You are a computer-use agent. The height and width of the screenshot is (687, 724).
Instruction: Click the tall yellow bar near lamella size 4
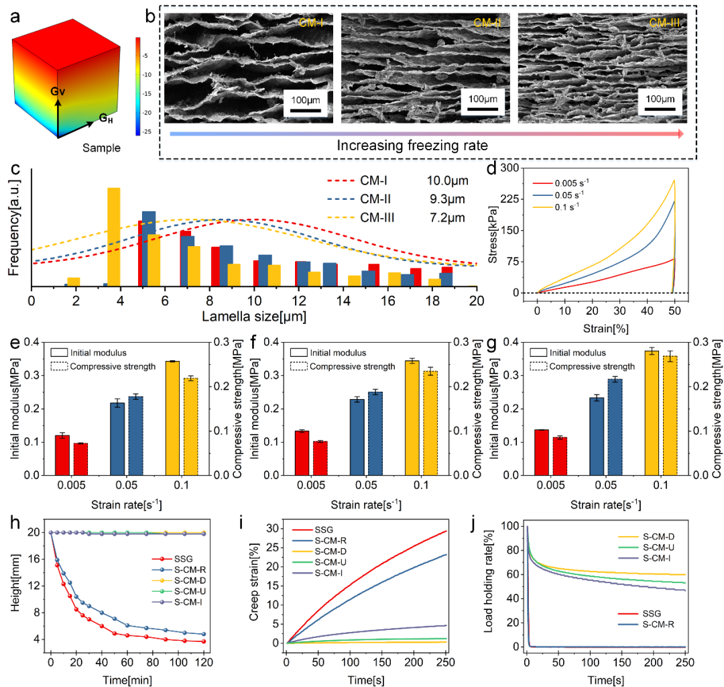[x=114, y=236]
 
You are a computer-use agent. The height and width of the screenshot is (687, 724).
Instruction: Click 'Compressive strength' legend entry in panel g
[x=590, y=366]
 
